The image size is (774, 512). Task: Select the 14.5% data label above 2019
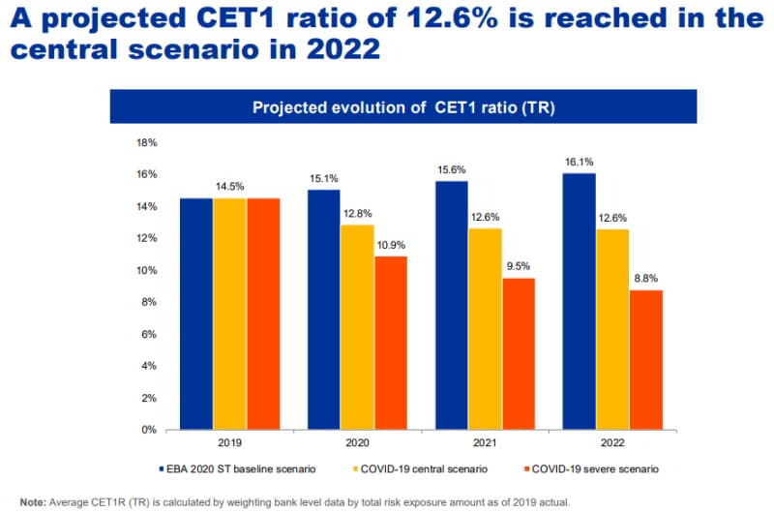coord(230,185)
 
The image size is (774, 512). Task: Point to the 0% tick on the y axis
coord(149,430)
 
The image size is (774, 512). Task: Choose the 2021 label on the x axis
coord(486,444)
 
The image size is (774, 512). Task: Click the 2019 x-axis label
coord(230,444)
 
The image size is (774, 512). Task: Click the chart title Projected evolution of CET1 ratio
coord(402,106)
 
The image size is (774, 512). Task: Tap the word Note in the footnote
coord(32,501)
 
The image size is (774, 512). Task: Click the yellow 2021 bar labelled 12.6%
coord(486,329)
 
